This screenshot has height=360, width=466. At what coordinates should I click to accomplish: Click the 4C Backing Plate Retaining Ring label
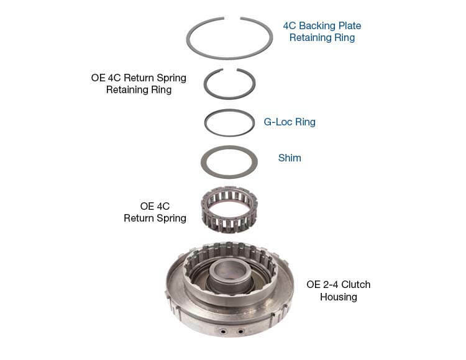point(322,32)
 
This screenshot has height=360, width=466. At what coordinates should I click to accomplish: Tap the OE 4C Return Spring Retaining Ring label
point(139,83)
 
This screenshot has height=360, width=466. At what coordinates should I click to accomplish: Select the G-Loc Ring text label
point(290,122)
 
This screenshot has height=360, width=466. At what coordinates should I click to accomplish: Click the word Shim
point(290,158)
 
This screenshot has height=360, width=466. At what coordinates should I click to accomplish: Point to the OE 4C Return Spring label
point(155,212)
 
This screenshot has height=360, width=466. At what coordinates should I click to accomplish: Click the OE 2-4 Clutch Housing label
point(339,290)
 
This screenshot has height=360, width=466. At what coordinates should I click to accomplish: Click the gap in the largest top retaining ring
point(232,18)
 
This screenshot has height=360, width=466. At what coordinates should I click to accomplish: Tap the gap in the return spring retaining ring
point(230,70)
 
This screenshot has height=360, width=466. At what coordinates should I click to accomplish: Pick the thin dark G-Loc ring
point(205,123)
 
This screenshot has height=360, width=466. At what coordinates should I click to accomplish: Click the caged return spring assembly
point(229,209)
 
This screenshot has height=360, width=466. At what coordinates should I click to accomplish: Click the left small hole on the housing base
point(222,330)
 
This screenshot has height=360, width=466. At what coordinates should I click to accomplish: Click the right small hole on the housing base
point(240,331)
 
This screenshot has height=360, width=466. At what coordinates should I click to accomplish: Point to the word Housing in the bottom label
point(339,297)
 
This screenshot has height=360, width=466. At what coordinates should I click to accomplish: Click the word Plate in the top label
point(349,25)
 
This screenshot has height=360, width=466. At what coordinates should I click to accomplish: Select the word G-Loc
point(278,122)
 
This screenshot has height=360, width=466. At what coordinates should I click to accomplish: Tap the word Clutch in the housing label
point(355,284)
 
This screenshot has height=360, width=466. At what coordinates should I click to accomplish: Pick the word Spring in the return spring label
point(171,218)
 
